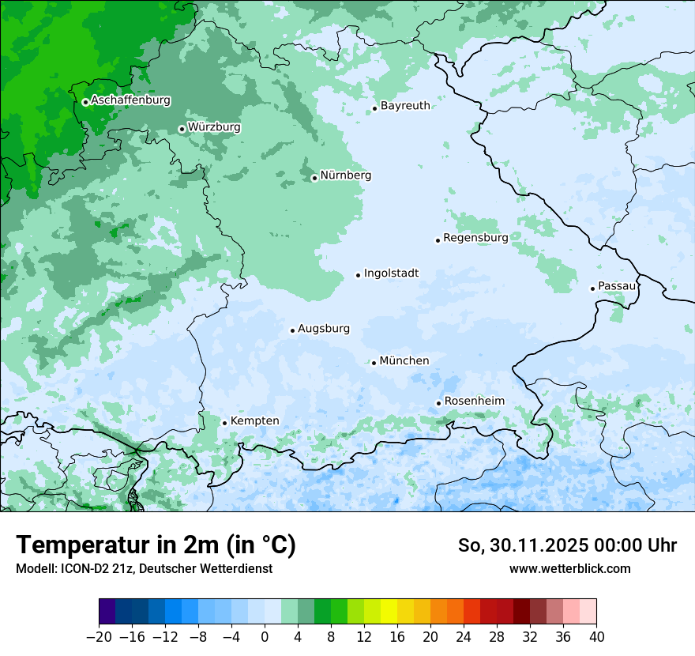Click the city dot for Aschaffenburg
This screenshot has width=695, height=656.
[85, 102]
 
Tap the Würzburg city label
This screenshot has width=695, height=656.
[214, 127]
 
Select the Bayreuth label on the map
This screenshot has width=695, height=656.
[405, 106]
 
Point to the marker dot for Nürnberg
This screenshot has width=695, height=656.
[314, 178]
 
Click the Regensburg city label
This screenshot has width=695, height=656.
[475, 238]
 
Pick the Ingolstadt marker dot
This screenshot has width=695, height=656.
[358, 275]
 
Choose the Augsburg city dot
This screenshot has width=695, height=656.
[292, 330]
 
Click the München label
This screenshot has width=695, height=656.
[404, 361]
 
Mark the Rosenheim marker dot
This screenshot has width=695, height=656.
[438, 403]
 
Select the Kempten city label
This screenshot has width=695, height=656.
[254, 421]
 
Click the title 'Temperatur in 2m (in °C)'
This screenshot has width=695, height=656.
[156, 545]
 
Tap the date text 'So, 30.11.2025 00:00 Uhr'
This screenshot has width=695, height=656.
[567, 545]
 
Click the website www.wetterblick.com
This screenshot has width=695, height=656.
[569, 569]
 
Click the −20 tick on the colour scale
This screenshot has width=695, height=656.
[99, 637]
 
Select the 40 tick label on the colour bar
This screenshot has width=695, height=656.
[596, 637]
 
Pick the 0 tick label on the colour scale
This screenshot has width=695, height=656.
[265, 637]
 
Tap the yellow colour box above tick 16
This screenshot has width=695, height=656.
[389, 613]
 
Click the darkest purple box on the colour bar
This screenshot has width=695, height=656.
[107, 613]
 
